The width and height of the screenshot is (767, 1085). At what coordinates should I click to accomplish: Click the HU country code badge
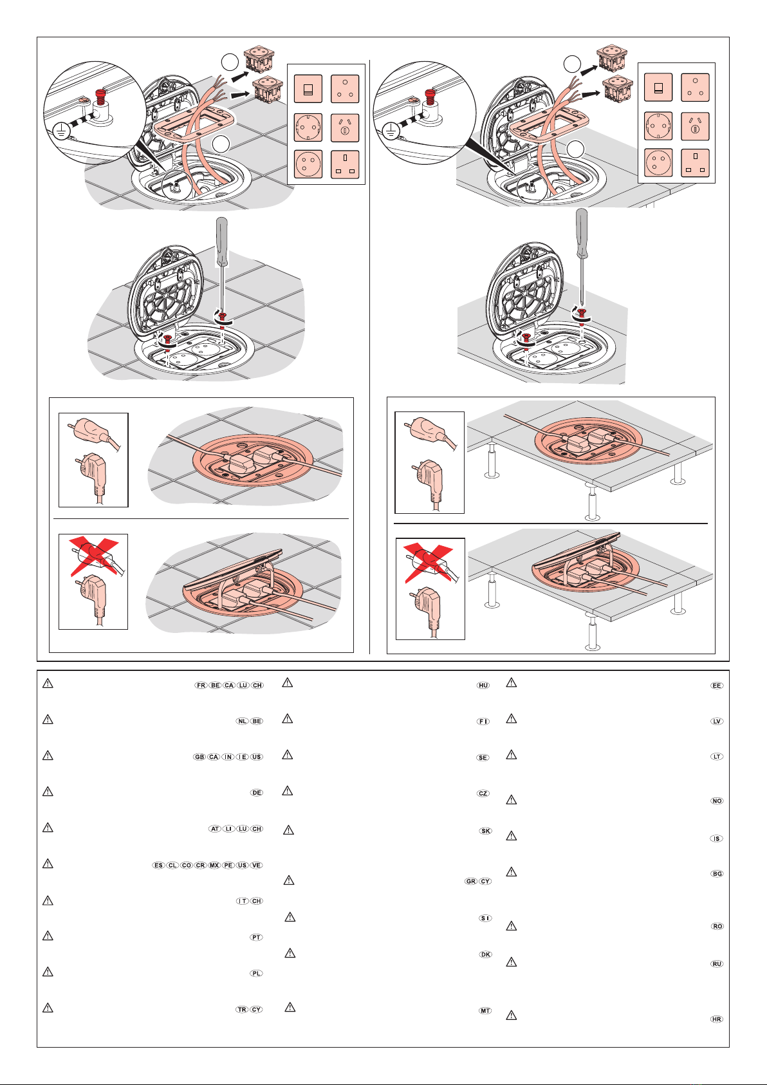click(x=483, y=685)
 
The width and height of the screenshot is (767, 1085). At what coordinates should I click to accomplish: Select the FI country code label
click(x=483, y=721)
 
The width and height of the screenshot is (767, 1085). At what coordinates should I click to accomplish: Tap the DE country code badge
click(x=257, y=793)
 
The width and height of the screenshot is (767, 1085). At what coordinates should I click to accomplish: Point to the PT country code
click(x=257, y=938)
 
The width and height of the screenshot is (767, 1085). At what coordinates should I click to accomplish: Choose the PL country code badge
click(x=257, y=973)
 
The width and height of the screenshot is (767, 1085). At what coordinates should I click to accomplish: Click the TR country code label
click(x=242, y=1010)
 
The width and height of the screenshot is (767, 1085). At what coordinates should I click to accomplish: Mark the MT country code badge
click(x=485, y=1010)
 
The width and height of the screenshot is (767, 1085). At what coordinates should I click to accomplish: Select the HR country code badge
click(x=717, y=1019)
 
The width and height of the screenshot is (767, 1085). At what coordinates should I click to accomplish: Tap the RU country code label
click(x=717, y=964)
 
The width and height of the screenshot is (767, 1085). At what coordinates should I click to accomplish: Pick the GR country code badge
click(x=471, y=881)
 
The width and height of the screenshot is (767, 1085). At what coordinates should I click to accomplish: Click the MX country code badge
click(x=214, y=865)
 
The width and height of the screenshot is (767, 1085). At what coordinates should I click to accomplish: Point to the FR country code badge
click(x=201, y=685)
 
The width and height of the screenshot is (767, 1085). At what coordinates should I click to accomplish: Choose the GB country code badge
click(x=199, y=757)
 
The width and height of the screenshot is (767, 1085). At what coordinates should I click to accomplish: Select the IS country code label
click(x=717, y=838)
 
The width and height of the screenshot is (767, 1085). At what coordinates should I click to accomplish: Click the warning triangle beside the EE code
click(x=512, y=683)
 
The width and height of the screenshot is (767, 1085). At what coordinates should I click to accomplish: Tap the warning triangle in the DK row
click(x=290, y=953)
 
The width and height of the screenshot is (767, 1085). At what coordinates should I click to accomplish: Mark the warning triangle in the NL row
click(x=48, y=719)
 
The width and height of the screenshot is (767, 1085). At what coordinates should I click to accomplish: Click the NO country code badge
click(x=717, y=800)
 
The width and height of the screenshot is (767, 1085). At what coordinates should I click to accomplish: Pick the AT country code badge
click(x=215, y=829)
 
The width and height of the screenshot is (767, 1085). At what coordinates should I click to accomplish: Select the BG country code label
click(x=717, y=874)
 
